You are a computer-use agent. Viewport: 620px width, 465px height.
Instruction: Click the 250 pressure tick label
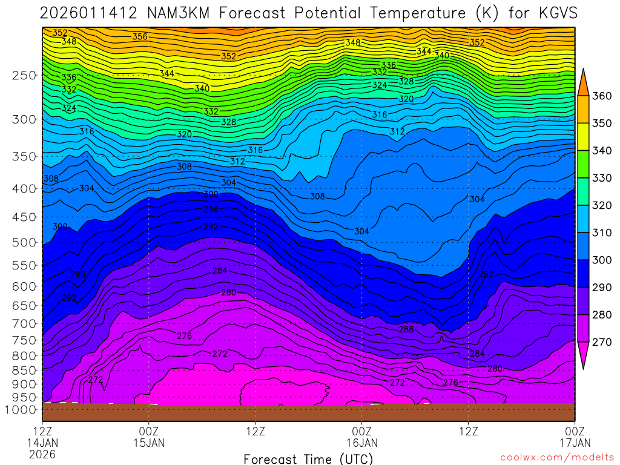point(24,76)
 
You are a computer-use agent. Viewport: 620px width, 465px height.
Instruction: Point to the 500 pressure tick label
point(24,243)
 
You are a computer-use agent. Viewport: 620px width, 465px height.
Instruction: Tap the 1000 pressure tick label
point(22,410)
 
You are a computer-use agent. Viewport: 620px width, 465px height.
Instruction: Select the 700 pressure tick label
point(24,323)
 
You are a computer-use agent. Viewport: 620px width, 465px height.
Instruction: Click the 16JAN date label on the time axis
point(361,443)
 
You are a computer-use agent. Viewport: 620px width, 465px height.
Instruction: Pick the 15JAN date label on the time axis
point(149,443)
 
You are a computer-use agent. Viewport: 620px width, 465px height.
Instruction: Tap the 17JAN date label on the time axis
point(575,443)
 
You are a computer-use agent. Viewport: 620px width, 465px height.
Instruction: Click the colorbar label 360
point(602,96)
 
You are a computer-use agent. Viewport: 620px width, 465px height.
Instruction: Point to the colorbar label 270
point(602,342)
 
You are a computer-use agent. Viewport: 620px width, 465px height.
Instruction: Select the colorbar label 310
point(602,233)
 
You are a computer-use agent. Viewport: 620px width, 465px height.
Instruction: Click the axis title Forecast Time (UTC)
point(308,458)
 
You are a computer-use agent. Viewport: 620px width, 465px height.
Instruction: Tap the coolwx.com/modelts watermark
point(557,457)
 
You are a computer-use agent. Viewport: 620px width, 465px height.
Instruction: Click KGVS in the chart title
point(555,13)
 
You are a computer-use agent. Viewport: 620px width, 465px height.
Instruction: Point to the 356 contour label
point(140,37)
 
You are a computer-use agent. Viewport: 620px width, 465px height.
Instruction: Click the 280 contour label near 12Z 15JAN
point(229,292)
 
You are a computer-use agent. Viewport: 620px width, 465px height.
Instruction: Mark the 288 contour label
point(406,329)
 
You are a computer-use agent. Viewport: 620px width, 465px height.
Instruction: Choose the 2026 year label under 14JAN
point(42,453)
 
